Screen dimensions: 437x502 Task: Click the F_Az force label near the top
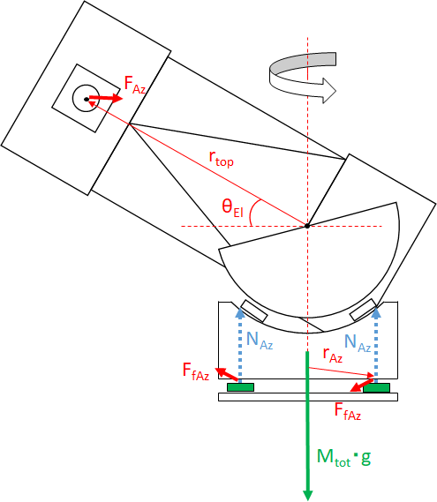click(135, 86)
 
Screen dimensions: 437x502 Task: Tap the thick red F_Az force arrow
click(106, 98)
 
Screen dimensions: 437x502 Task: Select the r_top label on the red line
click(221, 159)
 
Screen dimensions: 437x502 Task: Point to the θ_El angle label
click(232, 208)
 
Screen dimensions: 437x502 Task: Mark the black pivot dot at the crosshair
click(307, 226)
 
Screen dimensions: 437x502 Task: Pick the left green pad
click(241, 387)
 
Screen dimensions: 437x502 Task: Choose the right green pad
click(376, 387)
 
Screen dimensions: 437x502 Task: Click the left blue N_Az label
click(260, 341)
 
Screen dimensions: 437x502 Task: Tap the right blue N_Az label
click(358, 343)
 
